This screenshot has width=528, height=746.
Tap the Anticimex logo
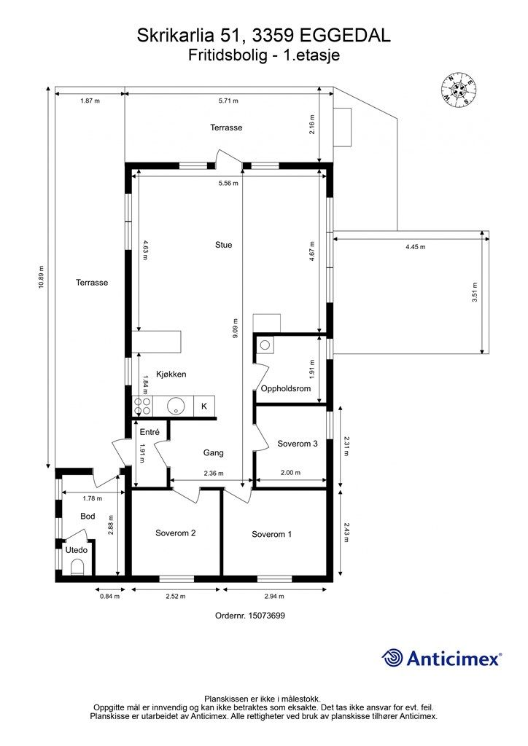(x=441, y=658)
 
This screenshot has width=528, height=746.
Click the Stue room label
(x=224, y=245)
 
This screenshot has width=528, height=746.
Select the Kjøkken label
(x=171, y=374)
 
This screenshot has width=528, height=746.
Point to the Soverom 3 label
(x=298, y=444)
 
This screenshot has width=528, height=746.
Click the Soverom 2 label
(x=175, y=533)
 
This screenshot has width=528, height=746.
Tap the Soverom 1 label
(x=272, y=534)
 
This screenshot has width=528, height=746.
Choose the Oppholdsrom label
(x=286, y=389)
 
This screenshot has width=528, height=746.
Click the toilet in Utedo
(x=77, y=567)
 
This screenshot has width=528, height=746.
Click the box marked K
(x=204, y=407)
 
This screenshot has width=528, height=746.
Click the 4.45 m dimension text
(x=416, y=247)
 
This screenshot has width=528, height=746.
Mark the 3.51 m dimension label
(x=474, y=293)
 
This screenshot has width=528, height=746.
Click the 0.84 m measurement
(x=109, y=596)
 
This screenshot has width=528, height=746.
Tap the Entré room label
(x=150, y=433)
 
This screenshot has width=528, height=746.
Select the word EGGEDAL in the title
(x=346, y=36)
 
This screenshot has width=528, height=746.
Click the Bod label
(x=88, y=517)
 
